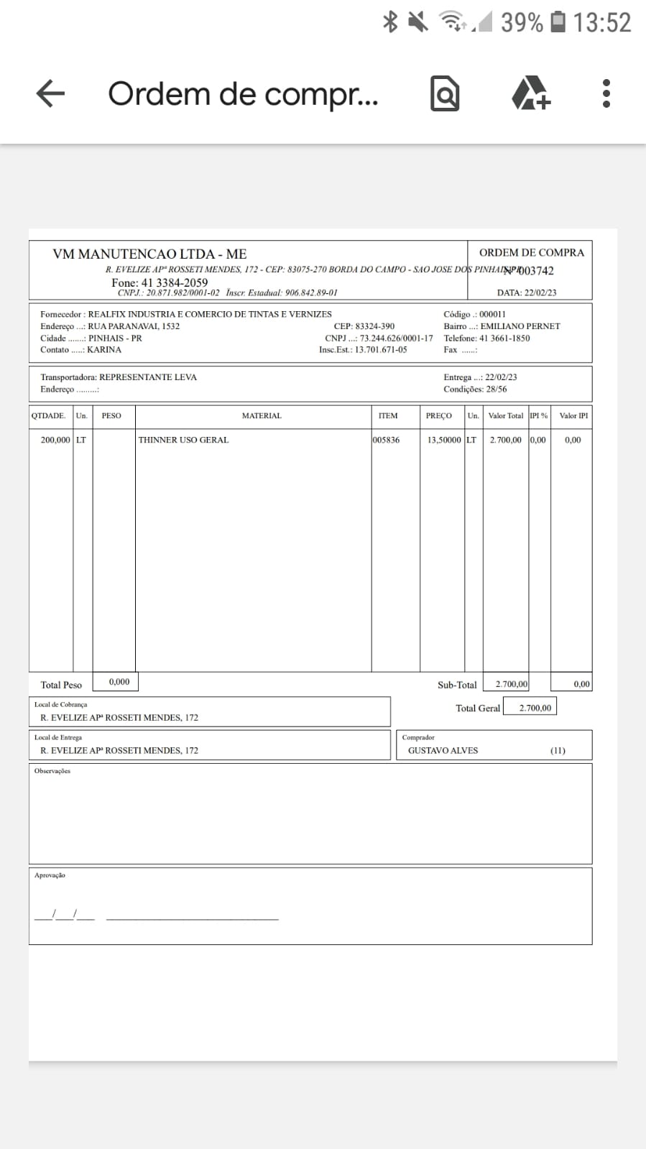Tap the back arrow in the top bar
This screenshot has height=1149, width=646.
pos(50,93)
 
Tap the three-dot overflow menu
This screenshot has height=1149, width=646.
pos(606,93)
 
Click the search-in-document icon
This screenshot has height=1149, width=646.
pos(445,93)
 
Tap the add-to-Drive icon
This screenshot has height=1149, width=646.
pos(530,93)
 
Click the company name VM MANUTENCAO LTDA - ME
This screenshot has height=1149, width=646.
pos(149,254)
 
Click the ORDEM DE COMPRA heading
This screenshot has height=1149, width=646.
pos(531,252)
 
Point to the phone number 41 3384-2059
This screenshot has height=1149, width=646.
pos(174,282)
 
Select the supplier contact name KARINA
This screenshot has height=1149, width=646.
pos(104,350)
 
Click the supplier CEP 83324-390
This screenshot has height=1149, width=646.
pos(374,326)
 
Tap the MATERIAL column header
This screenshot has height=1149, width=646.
pos(262,416)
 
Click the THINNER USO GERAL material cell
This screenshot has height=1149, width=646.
pos(183,440)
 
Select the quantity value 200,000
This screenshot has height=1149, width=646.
pos(55,440)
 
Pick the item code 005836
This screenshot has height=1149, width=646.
pos(387,440)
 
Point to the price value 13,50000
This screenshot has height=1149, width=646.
pos(444,440)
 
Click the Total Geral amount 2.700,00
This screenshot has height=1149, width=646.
pos(535,708)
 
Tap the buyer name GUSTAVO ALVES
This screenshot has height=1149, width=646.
pos(443,750)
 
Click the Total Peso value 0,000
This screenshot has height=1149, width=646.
pos(119,682)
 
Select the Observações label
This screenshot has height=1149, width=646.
pos(52,771)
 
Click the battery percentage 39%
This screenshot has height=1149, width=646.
pos(522,22)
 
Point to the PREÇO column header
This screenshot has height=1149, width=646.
pos(439,416)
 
